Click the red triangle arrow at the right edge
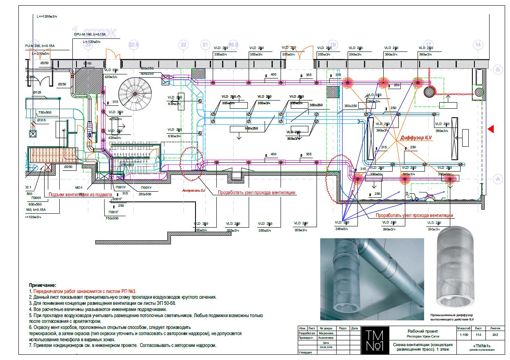(491, 129)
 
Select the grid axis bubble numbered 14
(477, 45)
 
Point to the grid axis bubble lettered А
(498, 179)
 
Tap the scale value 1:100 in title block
(464, 335)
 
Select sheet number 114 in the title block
(478, 335)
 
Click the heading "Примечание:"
(43, 285)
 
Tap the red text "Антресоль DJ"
(194, 190)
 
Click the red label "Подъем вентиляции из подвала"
(80, 195)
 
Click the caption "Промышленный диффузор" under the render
(451, 315)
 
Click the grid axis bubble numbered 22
(183, 45)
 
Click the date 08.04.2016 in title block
(326, 347)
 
